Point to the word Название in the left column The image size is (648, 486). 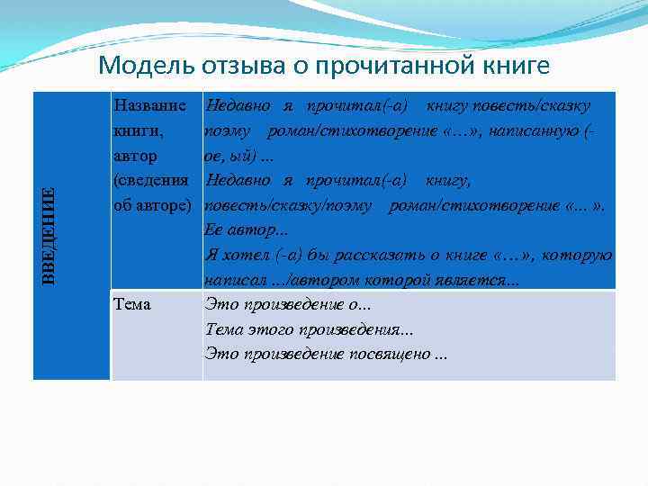[150, 106]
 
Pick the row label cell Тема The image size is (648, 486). [132, 304]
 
